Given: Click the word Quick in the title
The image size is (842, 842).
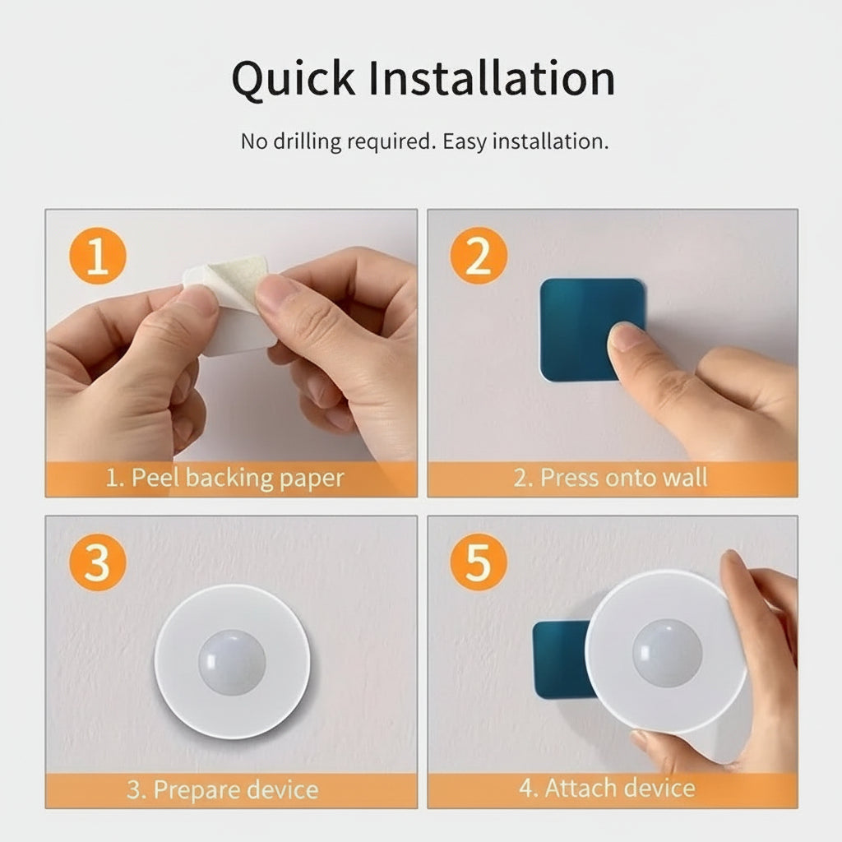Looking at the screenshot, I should click(294, 79).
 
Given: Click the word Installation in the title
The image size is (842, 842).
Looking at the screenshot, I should click(491, 79).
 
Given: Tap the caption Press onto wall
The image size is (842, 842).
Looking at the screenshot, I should click(610, 479).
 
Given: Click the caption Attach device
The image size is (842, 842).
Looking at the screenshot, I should click(607, 788).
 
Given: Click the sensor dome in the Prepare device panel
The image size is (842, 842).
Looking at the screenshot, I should click(232, 662).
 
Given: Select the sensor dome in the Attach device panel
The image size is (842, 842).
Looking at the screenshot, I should click(667, 653).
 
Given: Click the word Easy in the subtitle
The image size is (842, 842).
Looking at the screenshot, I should click(465, 141).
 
